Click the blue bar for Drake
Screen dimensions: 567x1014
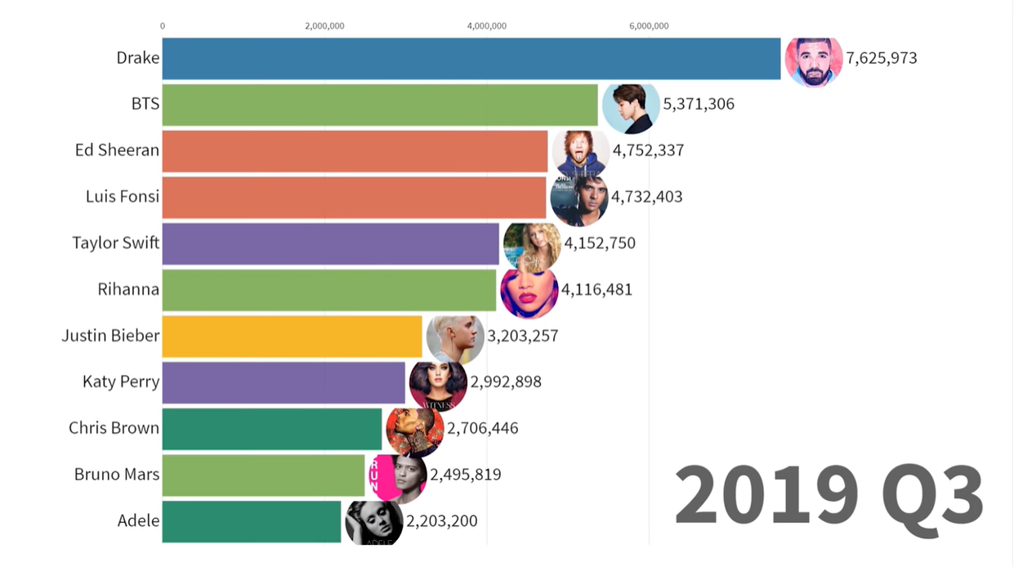pos(471,58)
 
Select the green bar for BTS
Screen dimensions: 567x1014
pos(380,105)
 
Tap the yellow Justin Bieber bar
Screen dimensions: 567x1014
pos(292,336)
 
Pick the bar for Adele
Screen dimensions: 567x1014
pos(251,521)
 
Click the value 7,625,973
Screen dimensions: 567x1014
pos(881,58)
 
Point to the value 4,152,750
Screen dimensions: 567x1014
pos(600,243)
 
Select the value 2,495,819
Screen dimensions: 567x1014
pos(466,475)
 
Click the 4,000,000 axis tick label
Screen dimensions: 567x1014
pos(487,26)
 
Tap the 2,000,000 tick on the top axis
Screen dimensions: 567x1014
pos(324,26)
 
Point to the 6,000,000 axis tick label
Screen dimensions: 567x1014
pos(649,26)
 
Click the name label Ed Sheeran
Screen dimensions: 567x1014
pos(117,150)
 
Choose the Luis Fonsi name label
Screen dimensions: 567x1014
pos(123,197)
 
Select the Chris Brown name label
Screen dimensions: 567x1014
pos(114,428)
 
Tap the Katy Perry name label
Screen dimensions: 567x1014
pos(121,382)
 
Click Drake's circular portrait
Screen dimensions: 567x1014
pos(813,60)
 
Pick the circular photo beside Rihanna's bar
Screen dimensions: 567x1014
pos(529,290)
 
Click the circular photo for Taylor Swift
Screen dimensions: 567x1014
pos(532,245)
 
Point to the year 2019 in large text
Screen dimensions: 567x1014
pos(765,496)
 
